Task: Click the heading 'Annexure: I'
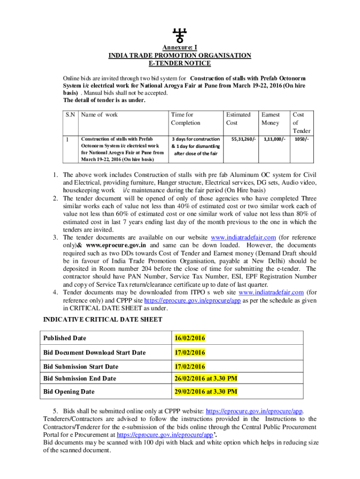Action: pyautogui.click(x=180, y=48)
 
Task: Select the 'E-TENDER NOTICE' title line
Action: pyautogui.click(x=180, y=63)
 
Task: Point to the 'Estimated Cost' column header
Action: pyautogui.click(x=238, y=118)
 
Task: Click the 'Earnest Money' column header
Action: pyautogui.click(x=270, y=118)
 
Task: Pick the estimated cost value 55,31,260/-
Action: pyautogui.click(x=240, y=139)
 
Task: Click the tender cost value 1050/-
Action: pyautogui.click(x=301, y=139)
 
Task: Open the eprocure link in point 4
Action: pyautogui.click(x=192, y=301)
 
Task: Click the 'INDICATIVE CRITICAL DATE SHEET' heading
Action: pyautogui.click(x=103, y=319)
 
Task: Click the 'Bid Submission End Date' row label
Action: pyautogui.click(x=79, y=378)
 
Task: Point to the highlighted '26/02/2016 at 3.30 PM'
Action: pyautogui.click(x=203, y=378)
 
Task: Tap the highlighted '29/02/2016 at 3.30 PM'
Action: pyautogui.click(x=203, y=392)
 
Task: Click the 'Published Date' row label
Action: pyautogui.click(x=65, y=338)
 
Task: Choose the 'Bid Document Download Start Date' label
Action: pyautogui.click(x=94, y=353)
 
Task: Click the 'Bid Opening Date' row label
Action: pyautogui.click(x=69, y=392)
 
